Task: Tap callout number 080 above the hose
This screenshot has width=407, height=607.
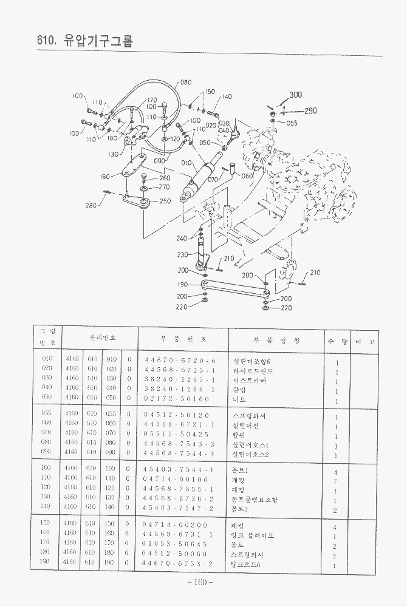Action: click(185, 82)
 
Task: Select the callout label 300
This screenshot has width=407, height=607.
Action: click(295, 95)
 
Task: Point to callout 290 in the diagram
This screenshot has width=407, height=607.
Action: click(310, 111)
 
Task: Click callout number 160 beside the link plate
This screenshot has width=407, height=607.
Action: click(105, 177)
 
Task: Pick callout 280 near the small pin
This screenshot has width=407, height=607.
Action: click(91, 205)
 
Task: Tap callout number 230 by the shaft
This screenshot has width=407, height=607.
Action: click(182, 255)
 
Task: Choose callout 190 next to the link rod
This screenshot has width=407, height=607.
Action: click(182, 285)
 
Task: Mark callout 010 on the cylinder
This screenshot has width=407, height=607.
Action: click(186, 163)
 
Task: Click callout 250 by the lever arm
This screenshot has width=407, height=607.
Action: click(165, 201)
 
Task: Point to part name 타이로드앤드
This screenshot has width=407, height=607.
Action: click(253, 371)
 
